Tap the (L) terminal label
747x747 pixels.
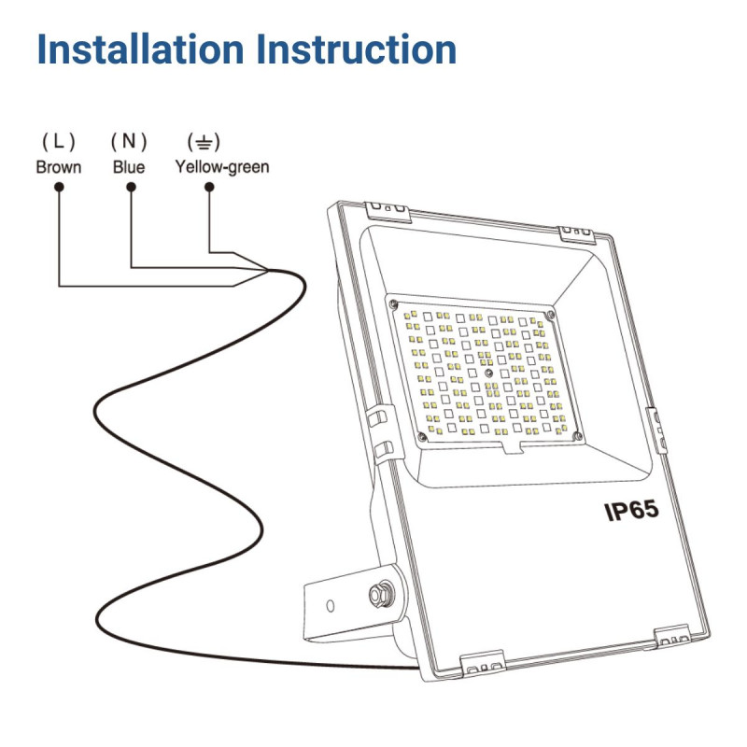[x=59, y=142]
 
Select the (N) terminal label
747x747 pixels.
[x=129, y=142]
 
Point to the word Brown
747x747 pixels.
[x=59, y=168]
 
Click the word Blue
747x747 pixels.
[x=129, y=168]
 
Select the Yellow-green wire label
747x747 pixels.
[x=222, y=168]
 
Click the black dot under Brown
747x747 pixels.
[x=59, y=187]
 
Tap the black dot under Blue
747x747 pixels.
[x=132, y=187]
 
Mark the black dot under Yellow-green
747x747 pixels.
[x=209, y=187]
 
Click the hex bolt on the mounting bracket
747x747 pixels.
[x=380, y=592]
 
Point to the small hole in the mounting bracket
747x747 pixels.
[x=331, y=606]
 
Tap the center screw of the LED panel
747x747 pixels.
[x=489, y=372]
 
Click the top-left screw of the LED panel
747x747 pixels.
[x=396, y=303]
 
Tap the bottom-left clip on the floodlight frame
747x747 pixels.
[x=484, y=662]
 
